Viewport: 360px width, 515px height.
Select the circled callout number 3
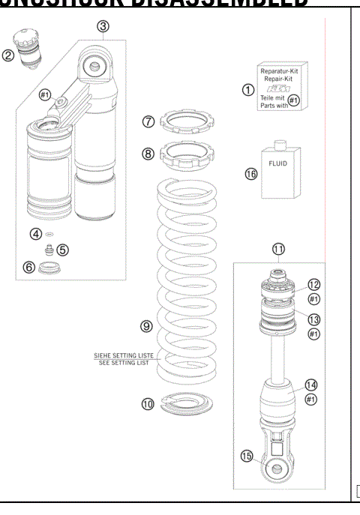click(x=103, y=26)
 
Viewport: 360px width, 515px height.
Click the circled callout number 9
click(x=148, y=326)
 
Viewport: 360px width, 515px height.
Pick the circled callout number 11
click(x=278, y=249)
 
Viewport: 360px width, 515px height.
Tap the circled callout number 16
click(x=250, y=174)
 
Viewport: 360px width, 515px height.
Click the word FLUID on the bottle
click(x=277, y=160)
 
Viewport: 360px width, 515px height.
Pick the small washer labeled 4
click(x=49, y=234)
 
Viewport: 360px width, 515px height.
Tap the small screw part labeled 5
click(x=49, y=249)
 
